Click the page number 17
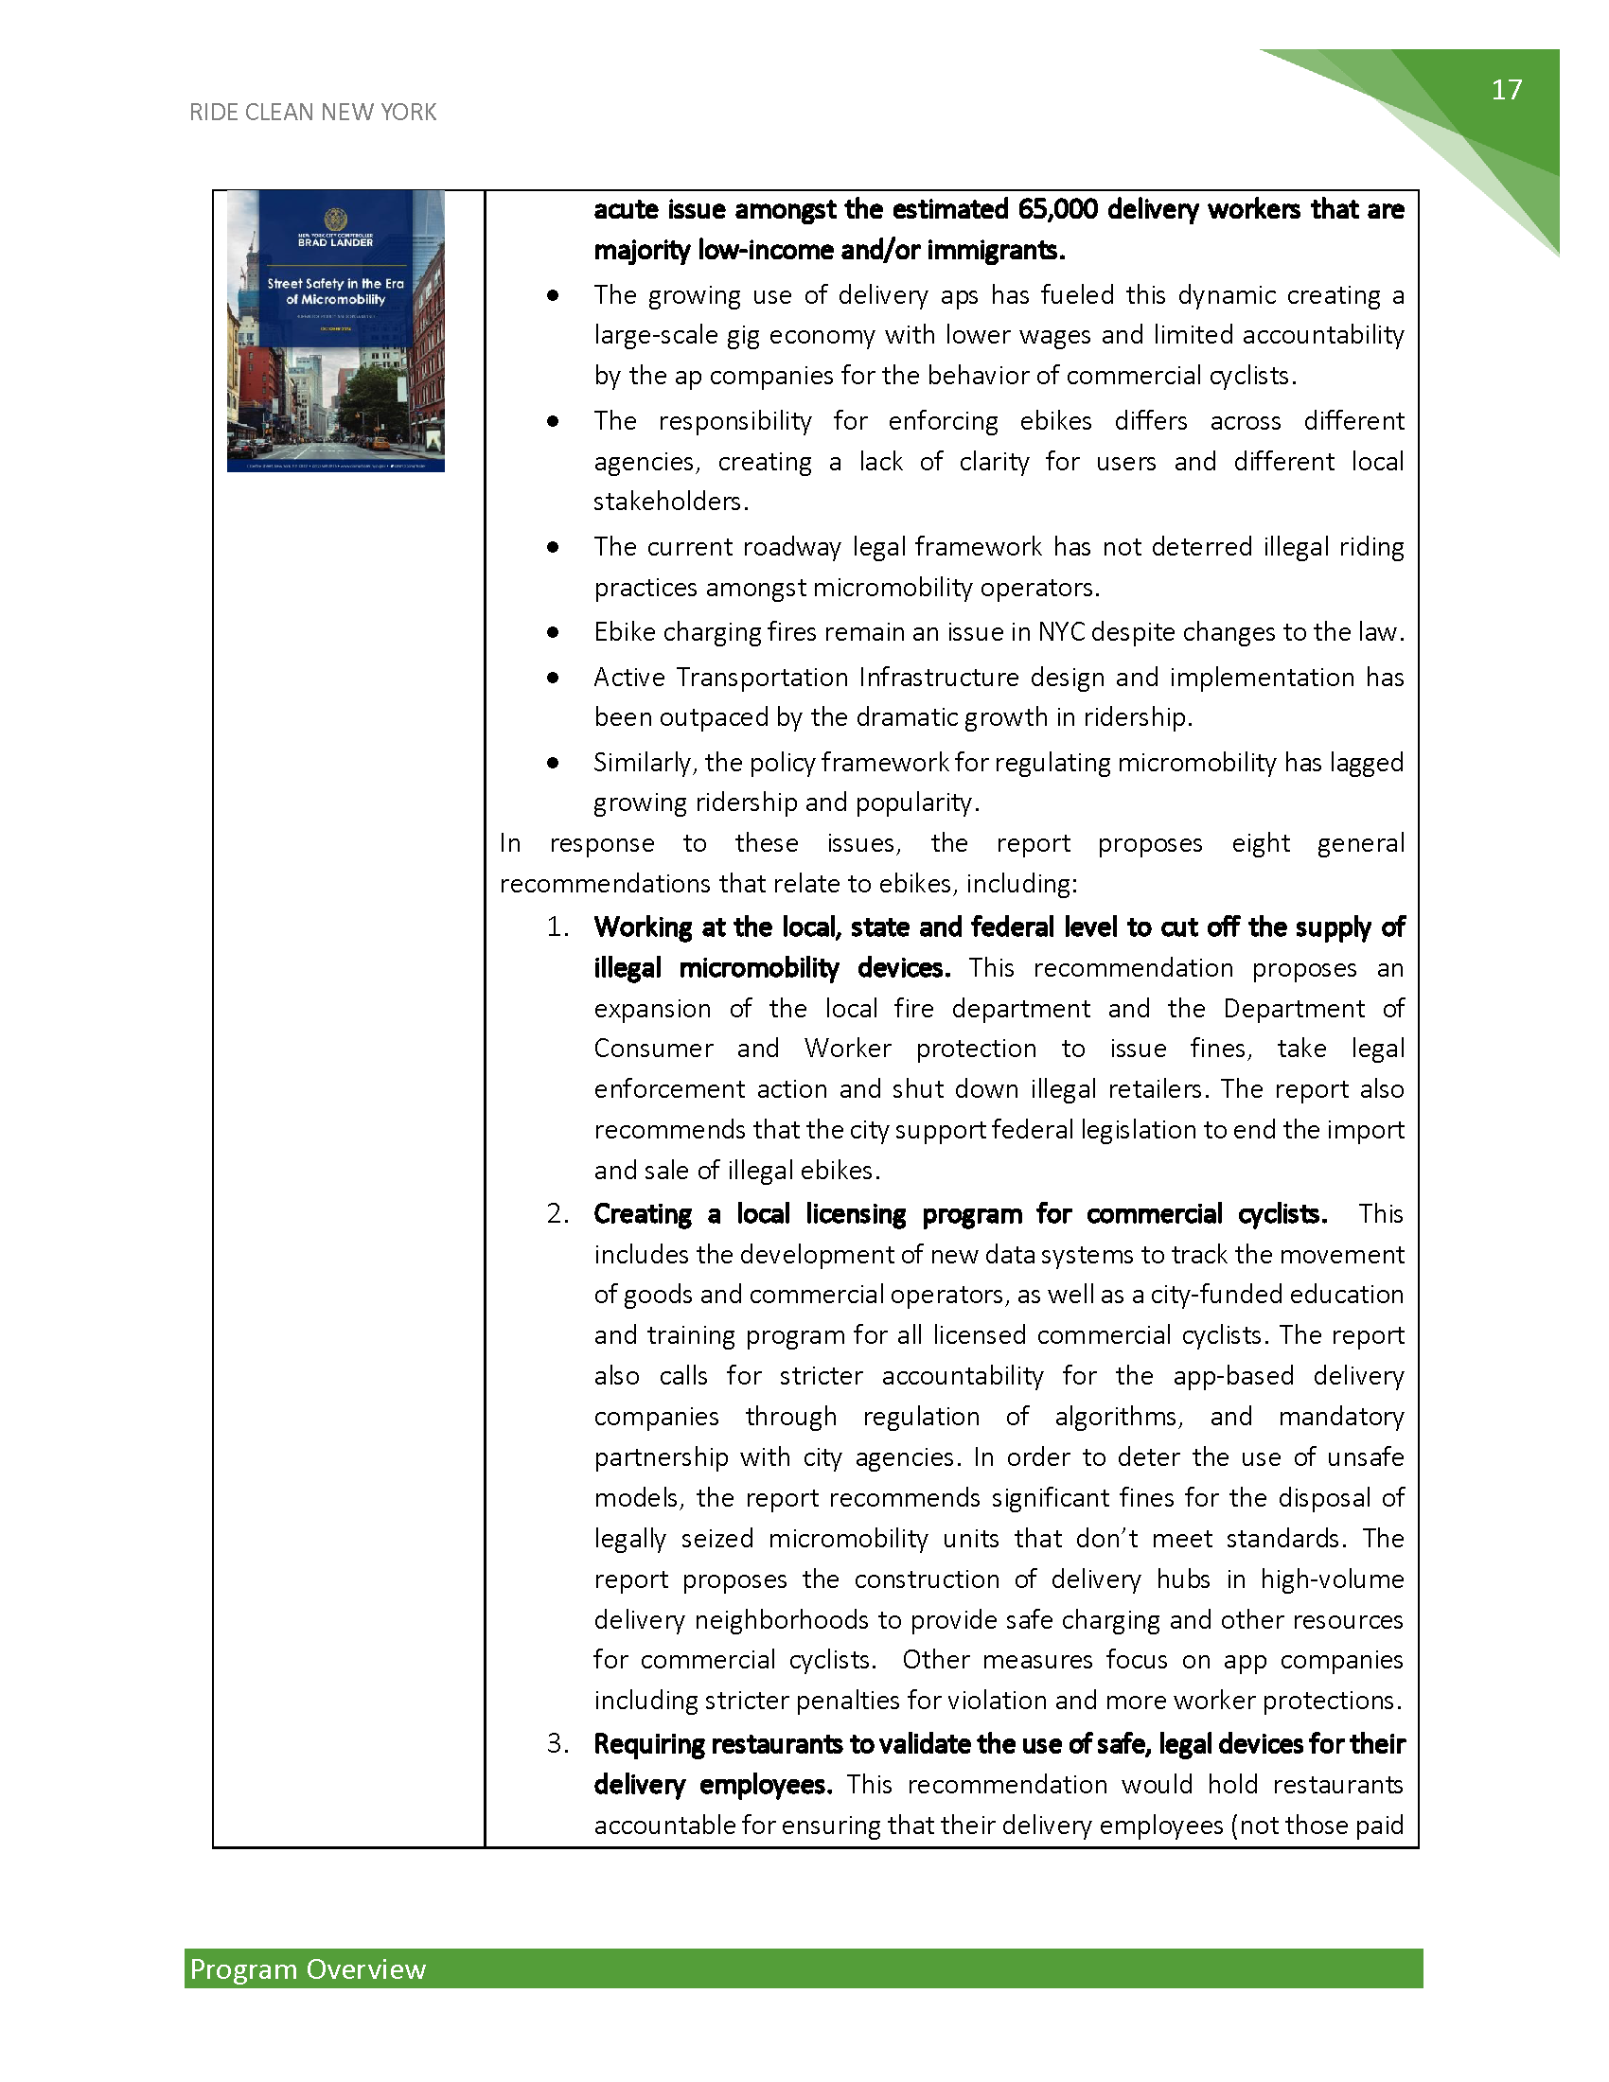1506,90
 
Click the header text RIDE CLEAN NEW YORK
312,113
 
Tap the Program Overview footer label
308,1968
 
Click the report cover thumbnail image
336,331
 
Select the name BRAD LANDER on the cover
336,242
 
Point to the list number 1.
557,927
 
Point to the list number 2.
557,1213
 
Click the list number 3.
557,1743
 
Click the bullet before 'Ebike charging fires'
553,632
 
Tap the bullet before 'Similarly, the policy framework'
553,763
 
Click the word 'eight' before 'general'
1260,843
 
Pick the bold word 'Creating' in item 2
643,1213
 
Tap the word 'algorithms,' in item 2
1118,1417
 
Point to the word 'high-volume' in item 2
1332,1579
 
